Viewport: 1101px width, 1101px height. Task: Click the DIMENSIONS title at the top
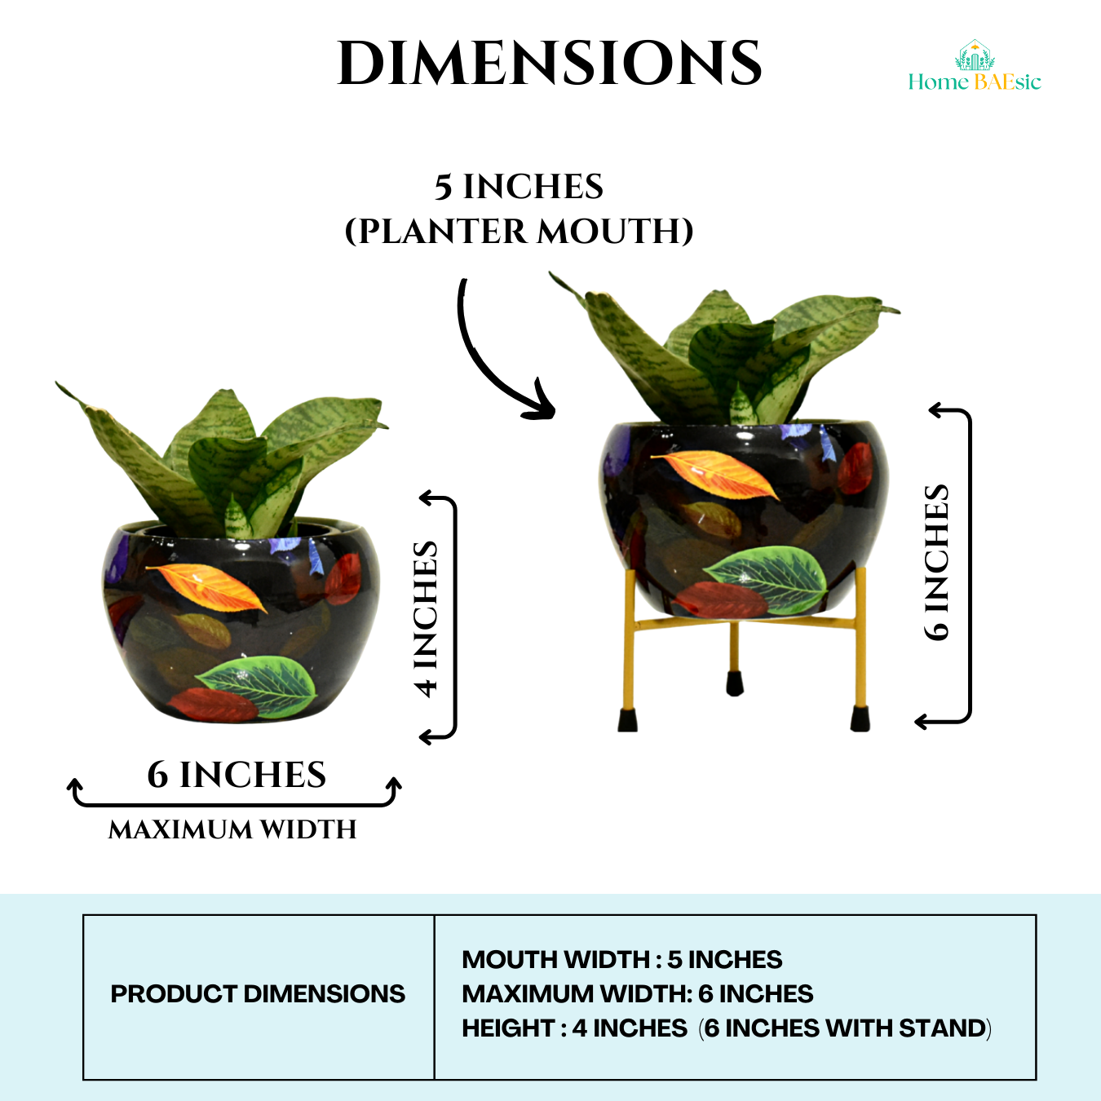click(550, 64)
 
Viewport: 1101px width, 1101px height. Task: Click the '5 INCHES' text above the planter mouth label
click(519, 187)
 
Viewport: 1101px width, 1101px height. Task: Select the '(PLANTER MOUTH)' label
click(519, 232)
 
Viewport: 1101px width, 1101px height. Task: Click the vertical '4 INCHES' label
click(426, 618)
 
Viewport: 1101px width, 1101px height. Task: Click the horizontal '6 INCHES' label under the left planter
click(237, 775)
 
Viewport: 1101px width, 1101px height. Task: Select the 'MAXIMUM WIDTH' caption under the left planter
click(232, 829)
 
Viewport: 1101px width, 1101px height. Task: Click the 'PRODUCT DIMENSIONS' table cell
click(258, 994)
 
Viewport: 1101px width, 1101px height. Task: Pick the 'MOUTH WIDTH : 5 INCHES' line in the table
click(621, 960)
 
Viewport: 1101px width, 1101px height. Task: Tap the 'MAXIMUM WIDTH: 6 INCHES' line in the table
click(637, 994)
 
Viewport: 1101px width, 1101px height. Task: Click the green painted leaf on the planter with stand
click(767, 576)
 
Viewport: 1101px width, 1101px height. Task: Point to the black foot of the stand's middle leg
click(735, 683)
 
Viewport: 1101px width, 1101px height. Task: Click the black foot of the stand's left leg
click(627, 720)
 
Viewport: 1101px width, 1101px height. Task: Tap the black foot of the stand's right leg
click(860, 719)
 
